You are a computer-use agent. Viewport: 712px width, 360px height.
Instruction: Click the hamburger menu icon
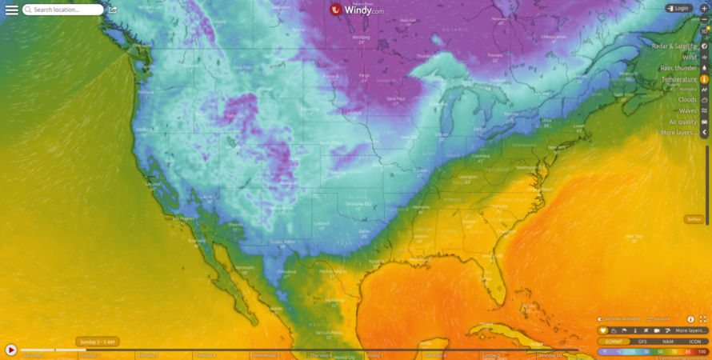(11, 10)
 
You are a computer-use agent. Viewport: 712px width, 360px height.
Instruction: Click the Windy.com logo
(357, 10)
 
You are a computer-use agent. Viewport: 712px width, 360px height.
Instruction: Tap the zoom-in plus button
(704, 8)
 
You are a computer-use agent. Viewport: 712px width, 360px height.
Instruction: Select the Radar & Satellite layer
(674, 46)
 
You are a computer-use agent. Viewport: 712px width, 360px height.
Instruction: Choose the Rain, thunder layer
(678, 68)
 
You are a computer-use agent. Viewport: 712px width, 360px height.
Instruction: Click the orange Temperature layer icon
(705, 79)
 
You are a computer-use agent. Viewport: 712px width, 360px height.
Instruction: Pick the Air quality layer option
(683, 122)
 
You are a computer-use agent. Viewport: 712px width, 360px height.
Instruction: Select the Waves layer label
(687, 110)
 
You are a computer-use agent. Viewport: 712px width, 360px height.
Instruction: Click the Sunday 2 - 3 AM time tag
(98, 342)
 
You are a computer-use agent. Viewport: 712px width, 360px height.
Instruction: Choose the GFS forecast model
(642, 342)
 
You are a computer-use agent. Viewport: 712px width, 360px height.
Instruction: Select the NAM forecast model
(667, 342)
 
